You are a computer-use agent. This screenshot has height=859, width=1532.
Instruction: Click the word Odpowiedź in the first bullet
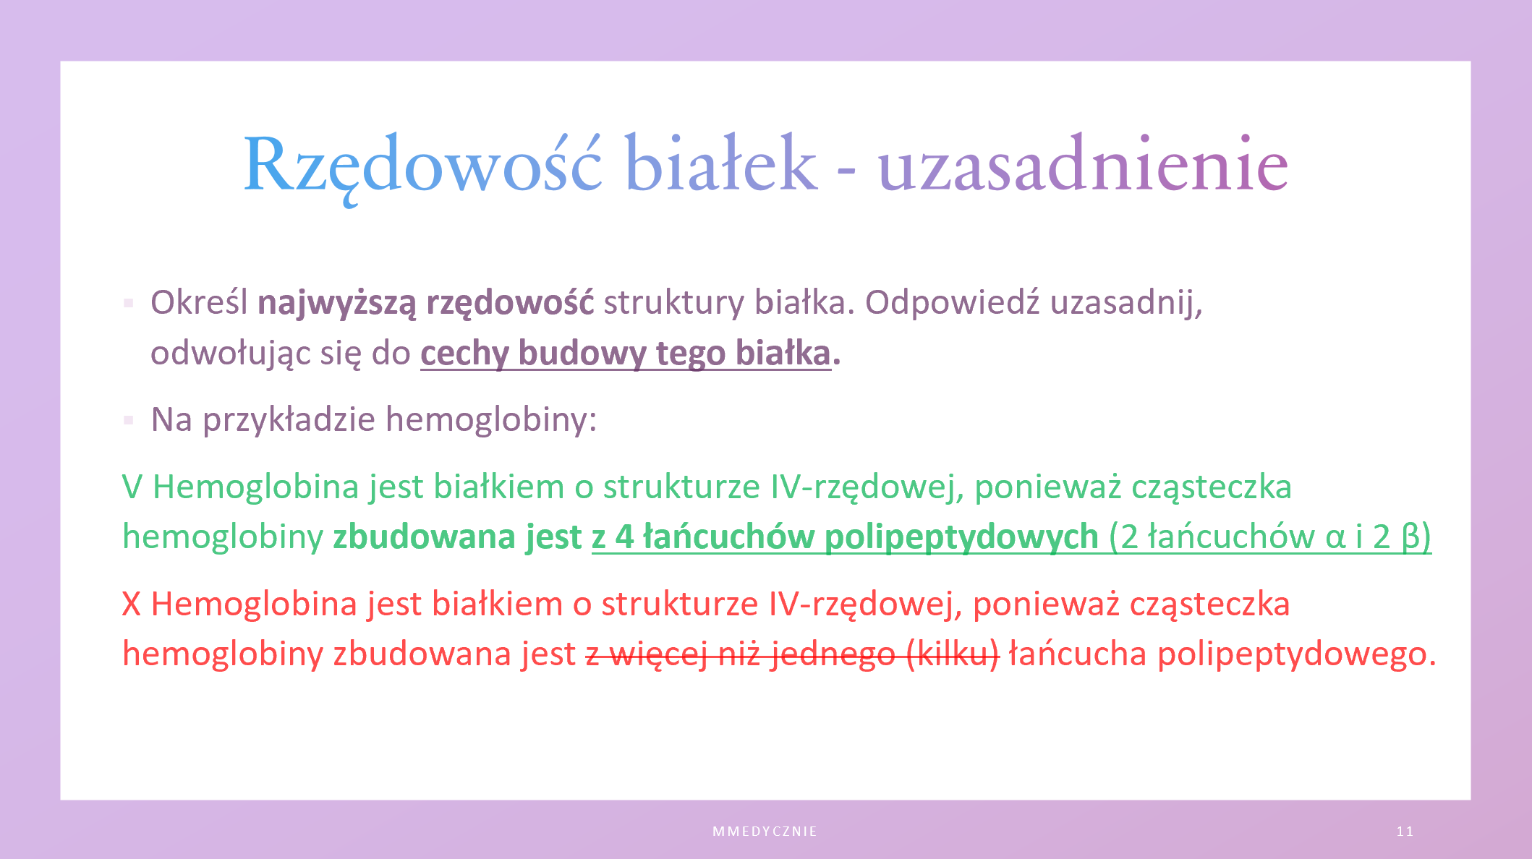point(953,302)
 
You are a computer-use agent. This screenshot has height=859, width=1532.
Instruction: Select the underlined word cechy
point(464,354)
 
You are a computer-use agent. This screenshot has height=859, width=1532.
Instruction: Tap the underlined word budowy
point(582,354)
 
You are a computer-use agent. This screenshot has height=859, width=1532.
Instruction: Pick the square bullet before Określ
point(129,303)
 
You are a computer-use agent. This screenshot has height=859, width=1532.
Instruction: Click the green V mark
point(132,487)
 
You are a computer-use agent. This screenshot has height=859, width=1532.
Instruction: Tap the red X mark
point(132,604)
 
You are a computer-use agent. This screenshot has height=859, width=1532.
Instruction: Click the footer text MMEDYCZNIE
point(765,832)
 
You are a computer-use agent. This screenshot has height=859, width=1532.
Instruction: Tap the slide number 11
point(1405,832)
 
